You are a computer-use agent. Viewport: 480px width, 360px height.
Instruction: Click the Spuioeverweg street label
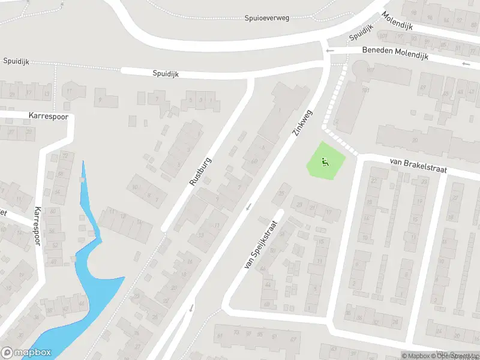click(267, 18)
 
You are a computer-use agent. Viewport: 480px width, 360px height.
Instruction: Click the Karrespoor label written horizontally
click(48, 115)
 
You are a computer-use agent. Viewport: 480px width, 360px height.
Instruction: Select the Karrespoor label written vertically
click(38, 229)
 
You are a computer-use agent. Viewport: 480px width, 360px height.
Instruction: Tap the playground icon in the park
click(325, 160)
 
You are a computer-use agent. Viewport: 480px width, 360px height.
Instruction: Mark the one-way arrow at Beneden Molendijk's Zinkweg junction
click(329, 52)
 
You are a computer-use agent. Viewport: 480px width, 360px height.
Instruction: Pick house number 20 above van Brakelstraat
click(415, 140)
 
